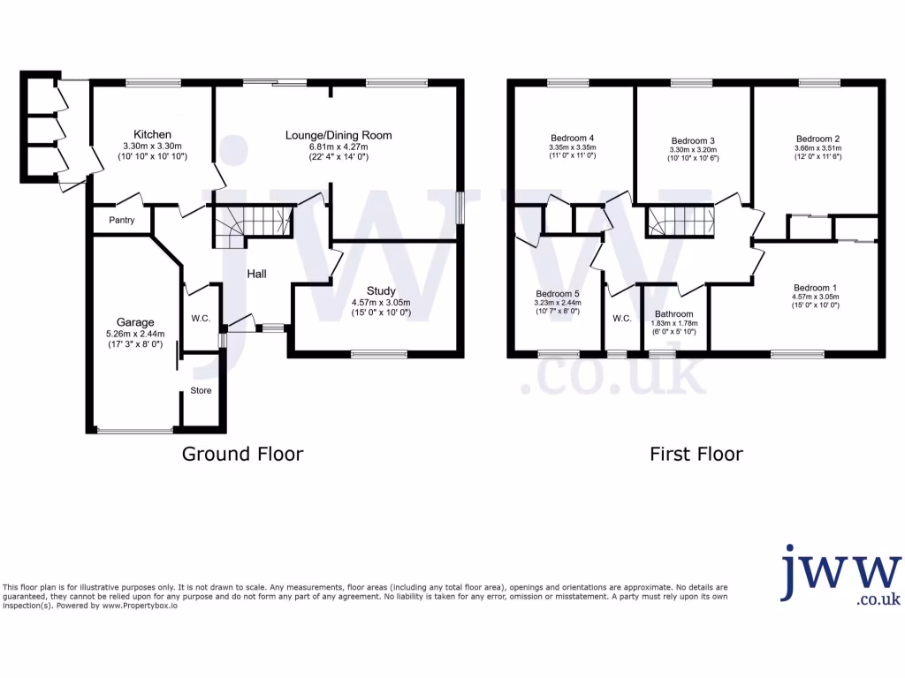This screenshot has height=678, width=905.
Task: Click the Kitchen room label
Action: (152, 134)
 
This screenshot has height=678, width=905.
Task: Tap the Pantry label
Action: (122, 220)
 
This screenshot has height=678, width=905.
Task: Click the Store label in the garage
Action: (201, 390)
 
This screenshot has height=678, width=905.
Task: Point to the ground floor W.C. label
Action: (200, 318)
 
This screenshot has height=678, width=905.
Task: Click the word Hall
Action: (256, 275)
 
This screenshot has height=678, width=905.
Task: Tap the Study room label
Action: (381, 290)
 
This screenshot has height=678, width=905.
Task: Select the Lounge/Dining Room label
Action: (338, 135)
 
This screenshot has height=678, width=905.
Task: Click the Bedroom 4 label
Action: (572, 138)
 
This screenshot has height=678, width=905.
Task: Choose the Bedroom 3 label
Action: (693, 140)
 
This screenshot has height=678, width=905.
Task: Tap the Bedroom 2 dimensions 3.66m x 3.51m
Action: (817, 149)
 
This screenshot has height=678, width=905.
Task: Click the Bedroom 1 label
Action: (815, 288)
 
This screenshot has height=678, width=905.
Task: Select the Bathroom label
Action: (674, 314)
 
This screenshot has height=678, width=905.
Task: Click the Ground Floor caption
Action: (242, 454)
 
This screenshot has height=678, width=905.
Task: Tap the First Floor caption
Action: (696, 454)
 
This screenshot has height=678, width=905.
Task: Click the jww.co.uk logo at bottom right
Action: (840, 576)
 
